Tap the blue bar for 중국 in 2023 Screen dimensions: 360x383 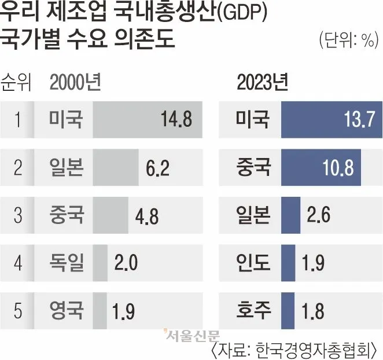click(321, 168)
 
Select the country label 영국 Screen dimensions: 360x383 click(67, 311)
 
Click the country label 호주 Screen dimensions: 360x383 click(253, 311)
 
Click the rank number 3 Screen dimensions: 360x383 click(18, 216)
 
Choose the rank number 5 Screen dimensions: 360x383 click(18, 311)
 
